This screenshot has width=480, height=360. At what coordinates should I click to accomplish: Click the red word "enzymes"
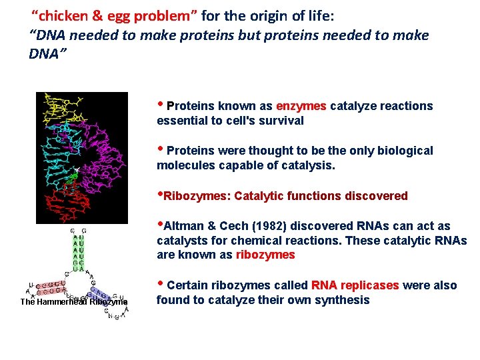click(x=301, y=106)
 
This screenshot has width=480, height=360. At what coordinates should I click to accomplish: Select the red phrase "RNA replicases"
click(x=355, y=285)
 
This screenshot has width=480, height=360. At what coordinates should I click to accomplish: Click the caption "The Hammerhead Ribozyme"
click(x=73, y=302)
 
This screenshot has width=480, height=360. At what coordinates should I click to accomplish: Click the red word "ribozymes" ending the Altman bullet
click(x=265, y=255)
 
